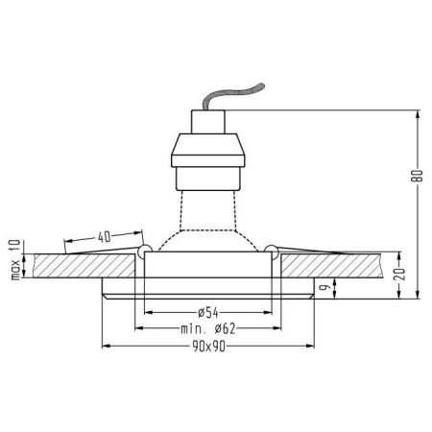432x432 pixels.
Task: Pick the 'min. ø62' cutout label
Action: [x=207, y=328]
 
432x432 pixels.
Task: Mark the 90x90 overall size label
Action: [x=208, y=346]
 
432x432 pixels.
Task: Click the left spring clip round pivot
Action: [x=144, y=251]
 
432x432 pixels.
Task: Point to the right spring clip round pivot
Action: [x=273, y=251]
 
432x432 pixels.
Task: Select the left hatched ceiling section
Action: [x=82, y=267]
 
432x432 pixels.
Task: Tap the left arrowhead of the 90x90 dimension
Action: [x=106, y=345]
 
